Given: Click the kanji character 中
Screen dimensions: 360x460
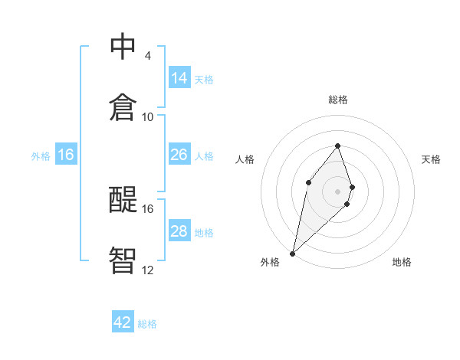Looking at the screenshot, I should coord(123,46).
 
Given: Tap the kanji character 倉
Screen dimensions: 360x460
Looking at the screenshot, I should coord(123,107).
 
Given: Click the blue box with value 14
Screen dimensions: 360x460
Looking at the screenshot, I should coord(179,78).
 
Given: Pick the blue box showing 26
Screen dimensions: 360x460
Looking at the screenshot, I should coord(179,155).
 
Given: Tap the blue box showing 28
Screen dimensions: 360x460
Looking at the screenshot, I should coord(179,231).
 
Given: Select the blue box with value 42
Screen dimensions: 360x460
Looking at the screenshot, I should coord(123,322).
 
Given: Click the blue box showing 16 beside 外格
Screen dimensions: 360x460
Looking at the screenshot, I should coord(66,155).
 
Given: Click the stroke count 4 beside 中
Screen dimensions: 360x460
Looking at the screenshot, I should coord(147,56).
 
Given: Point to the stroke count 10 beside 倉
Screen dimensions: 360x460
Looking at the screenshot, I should coord(148,117).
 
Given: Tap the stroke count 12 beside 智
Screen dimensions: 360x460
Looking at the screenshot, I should coord(148,270).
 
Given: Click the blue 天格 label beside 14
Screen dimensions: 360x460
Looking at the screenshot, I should coord(204,79).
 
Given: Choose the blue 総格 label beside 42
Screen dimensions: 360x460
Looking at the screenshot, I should coord(147,324).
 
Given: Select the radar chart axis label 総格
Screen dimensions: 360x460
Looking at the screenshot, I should coord(338,100).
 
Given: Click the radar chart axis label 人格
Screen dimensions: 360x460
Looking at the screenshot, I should coord(245,159).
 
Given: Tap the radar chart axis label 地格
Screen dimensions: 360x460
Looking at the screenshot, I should coord(402,262).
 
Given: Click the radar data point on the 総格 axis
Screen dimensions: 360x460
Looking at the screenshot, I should coord(338,146).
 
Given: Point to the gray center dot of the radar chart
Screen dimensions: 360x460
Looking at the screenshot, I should coord(338,191).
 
